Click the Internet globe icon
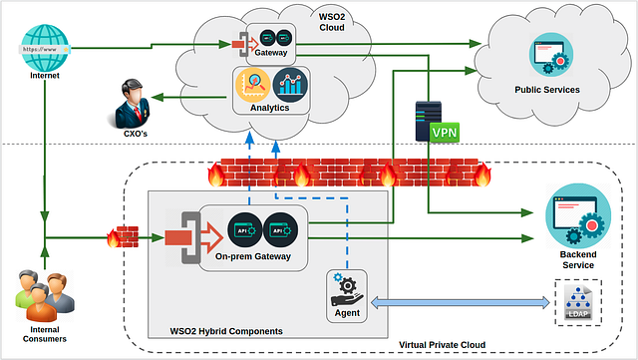(45, 48)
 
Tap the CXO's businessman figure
(132, 104)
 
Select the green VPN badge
(445, 133)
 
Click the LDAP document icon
(578, 302)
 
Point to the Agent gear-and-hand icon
(347, 290)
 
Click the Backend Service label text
(578, 260)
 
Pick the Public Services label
(547, 90)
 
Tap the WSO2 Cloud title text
(332, 22)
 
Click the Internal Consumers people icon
(45, 295)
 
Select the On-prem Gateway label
(252, 256)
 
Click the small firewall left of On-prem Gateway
(123, 237)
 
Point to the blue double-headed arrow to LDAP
(461, 302)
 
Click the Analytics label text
(269, 108)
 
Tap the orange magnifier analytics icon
(252, 85)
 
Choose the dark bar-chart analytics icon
(290, 85)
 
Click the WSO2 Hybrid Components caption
(226, 331)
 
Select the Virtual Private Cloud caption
(442, 345)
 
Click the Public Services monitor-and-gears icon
(551, 55)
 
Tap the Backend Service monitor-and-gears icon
(578, 215)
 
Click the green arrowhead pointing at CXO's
(158, 98)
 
